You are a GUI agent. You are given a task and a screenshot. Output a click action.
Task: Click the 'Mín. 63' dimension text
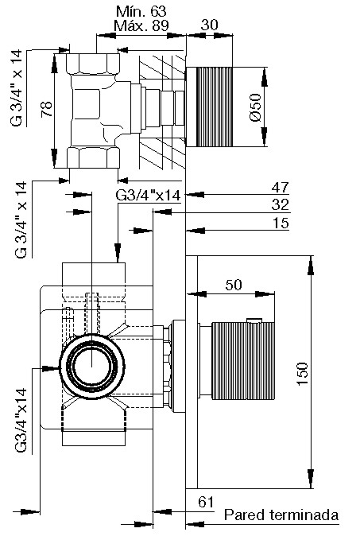tap(141, 12)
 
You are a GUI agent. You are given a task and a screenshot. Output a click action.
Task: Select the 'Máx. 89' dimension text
tap(141, 25)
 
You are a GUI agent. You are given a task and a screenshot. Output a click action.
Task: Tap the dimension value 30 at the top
tap(209, 25)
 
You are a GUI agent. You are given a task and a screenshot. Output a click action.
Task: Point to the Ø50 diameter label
tap(255, 107)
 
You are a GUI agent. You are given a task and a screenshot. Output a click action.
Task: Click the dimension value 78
tap(46, 110)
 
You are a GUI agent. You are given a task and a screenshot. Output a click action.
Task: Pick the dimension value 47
tap(280, 188)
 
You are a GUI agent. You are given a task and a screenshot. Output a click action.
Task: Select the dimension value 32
tap(280, 204)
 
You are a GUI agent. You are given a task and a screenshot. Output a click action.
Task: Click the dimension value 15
tap(281, 223)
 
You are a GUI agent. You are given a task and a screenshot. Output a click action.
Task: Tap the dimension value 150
tap(302, 374)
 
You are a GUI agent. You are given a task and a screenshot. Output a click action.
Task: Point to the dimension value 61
tap(206, 502)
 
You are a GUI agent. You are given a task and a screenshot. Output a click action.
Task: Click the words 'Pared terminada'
tap(281, 515)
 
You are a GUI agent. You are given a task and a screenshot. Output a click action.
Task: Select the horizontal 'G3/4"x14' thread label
tap(148, 196)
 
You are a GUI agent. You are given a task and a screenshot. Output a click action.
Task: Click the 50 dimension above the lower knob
tap(234, 285)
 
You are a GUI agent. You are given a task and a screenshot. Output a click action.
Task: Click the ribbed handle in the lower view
tap(243, 360)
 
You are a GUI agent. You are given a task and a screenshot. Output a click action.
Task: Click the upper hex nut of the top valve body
tap(93, 64)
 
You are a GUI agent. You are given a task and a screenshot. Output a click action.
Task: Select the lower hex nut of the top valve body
tap(93, 157)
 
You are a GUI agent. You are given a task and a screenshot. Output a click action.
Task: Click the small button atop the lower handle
tap(254, 320)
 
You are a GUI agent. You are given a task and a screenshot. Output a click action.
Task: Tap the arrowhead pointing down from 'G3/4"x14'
tap(118, 253)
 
